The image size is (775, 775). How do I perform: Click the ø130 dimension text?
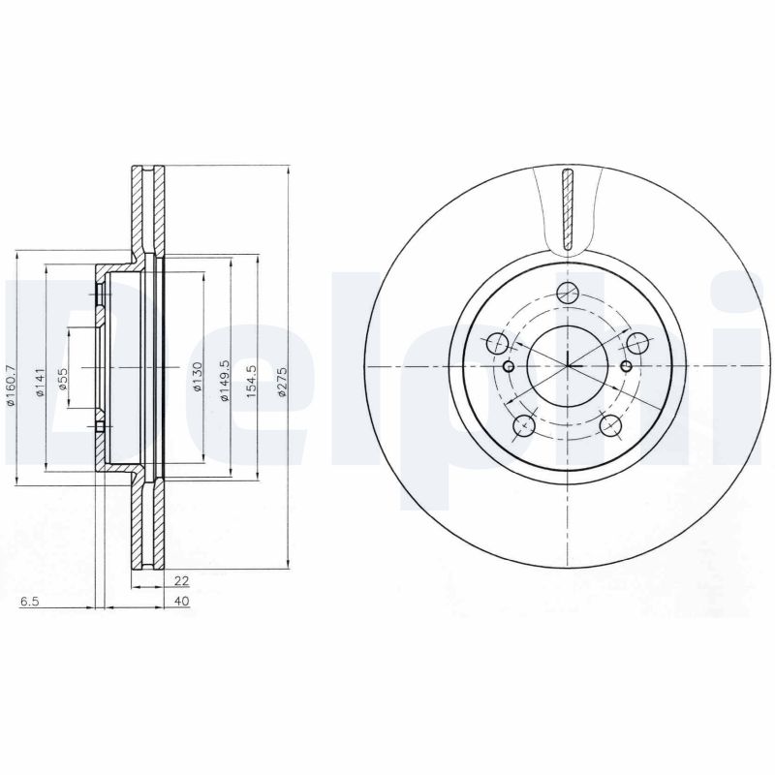pyautogui.click(x=197, y=377)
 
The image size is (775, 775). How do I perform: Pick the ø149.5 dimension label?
pyautogui.click(x=224, y=382)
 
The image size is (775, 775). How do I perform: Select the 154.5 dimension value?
pyautogui.click(x=251, y=382)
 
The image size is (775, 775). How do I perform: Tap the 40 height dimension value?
pyautogui.click(x=180, y=602)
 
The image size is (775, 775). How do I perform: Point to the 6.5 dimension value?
pyautogui.click(x=29, y=602)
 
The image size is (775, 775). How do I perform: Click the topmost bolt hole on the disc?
pyautogui.click(x=569, y=294)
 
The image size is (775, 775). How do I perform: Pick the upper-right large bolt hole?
pyautogui.click(x=638, y=343)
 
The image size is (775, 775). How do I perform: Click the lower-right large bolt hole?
pyautogui.click(x=610, y=424)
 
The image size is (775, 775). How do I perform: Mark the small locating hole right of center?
pyautogui.click(x=625, y=366)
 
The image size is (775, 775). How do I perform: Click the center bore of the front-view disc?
pyautogui.click(x=568, y=366)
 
